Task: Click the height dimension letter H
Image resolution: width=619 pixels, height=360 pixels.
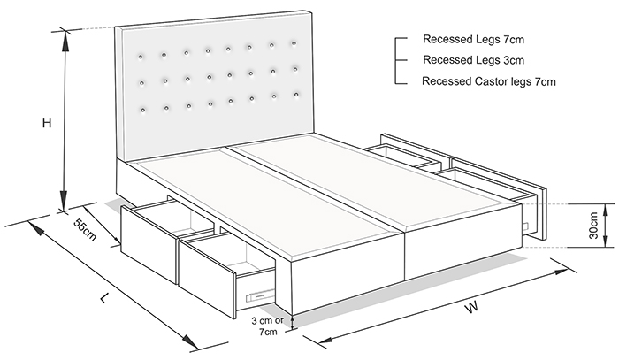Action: (x=47, y=123)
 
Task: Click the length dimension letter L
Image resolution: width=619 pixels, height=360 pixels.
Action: (x=103, y=297)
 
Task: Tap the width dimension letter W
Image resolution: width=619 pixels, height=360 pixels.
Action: (x=471, y=307)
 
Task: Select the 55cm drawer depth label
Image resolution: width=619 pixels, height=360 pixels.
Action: (x=85, y=229)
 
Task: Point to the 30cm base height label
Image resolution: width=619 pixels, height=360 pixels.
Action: (x=593, y=226)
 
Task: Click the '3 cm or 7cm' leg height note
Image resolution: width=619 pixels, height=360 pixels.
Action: (x=268, y=326)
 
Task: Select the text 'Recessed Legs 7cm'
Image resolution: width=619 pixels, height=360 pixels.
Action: (x=474, y=40)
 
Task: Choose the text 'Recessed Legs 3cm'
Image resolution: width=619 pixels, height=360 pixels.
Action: (x=474, y=60)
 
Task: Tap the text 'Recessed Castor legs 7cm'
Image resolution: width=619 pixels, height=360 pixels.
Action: (x=489, y=81)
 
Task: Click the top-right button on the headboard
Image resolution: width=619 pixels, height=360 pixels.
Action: (x=294, y=43)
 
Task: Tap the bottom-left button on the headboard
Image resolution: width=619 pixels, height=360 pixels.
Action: (x=142, y=110)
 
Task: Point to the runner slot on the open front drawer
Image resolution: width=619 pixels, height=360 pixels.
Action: (x=259, y=296)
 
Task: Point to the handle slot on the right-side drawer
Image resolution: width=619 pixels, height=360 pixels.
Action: (x=527, y=226)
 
